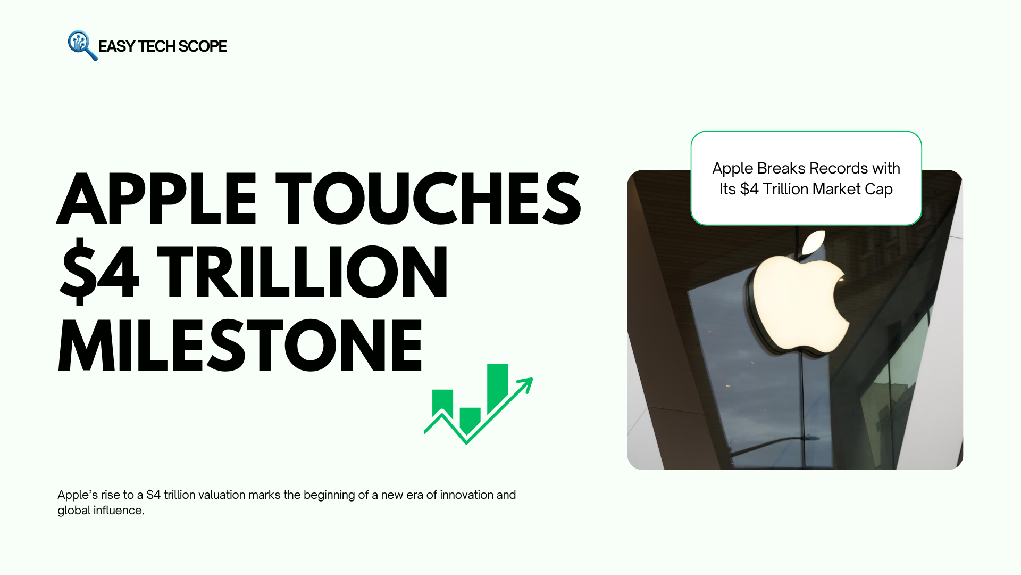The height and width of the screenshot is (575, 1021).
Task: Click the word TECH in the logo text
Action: pyautogui.click(x=156, y=46)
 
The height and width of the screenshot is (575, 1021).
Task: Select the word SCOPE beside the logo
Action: pyautogui.click(x=203, y=46)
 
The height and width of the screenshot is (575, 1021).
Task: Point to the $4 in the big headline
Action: pyautogui.click(x=99, y=272)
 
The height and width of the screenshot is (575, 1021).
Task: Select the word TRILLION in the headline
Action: pyautogui.click(x=303, y=272)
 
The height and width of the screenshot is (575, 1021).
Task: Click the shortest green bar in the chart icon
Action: pyautogui.click(x=470, y=420)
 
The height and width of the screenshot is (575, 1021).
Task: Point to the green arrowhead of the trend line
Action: pyautogui.click(x=525, y=385)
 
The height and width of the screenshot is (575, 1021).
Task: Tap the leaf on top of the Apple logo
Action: pyautogui.click(x=814, y=243)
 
